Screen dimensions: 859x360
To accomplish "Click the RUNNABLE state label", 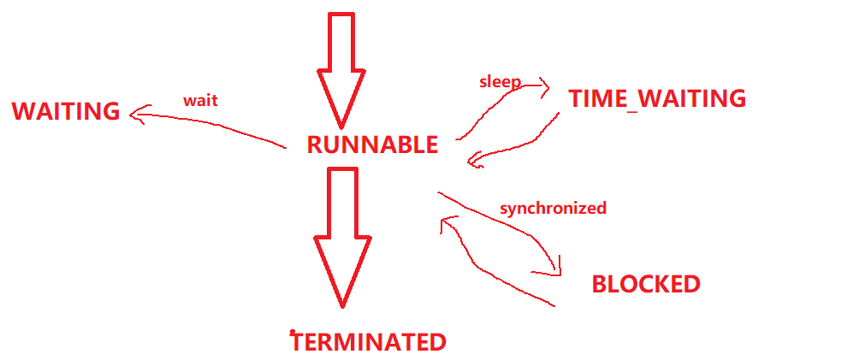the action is [372, 145].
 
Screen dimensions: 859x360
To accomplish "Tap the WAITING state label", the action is [66, 111].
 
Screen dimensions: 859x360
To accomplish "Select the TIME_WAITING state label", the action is [657, 98].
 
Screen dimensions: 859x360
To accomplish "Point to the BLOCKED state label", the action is [646, 284].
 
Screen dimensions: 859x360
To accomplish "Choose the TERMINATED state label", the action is [369, 342].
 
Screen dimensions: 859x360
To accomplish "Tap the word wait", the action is [200, 100].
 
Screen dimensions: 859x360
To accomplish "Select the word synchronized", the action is [553, 208].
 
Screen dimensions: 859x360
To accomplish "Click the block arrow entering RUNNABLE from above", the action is [340, 68].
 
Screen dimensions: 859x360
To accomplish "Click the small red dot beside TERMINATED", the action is [293, 332].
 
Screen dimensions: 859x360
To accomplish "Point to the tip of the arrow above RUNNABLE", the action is [340, 127].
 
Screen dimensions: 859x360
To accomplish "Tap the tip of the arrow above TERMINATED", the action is [342, 305].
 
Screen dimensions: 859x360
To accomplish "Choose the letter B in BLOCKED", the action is [600, 284].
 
